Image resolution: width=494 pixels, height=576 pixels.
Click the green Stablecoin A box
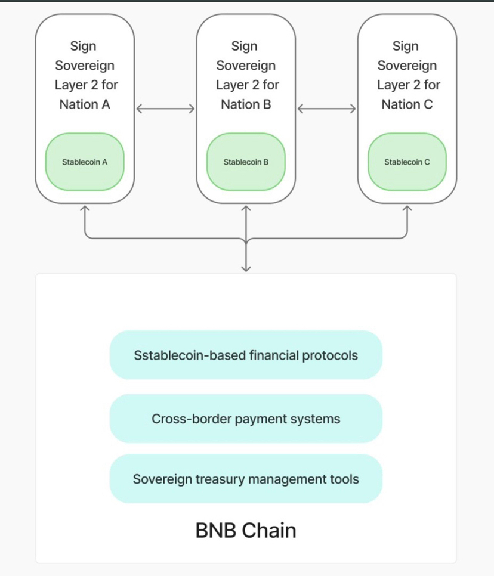click(x=85, y=162)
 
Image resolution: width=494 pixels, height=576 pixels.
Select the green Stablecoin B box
click(x=246, y=162)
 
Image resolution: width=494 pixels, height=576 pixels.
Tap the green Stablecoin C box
click(x=407, y=162)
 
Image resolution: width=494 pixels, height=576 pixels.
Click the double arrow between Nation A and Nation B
click(x=165, y=109)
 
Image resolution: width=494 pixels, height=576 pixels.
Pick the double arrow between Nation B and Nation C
click(x=326, y=109)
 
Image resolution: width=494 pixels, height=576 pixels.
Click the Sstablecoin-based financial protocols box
click(x=246, y=355)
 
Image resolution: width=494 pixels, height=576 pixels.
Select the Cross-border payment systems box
click(x=246, y=419)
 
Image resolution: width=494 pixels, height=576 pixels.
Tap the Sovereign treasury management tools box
click(x=246, y=479)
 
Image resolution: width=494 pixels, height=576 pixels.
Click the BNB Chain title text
click(x=246, y=530)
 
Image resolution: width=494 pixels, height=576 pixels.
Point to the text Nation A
click(x=85, y=104)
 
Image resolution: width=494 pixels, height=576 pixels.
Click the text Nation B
click(x=246, y=104)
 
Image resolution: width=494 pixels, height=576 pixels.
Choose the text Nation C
click(x=407, y=104)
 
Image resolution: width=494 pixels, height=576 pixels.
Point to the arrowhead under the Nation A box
click(x=85, y=209)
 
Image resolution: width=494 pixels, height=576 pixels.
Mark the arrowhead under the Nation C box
click(x=407, y=209)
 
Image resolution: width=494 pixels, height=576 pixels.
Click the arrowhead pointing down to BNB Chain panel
click(x=246, y=269)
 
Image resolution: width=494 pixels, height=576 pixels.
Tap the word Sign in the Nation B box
click(x=245, y=47)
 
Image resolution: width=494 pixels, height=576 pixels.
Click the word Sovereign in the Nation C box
click(x=407, y=66)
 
